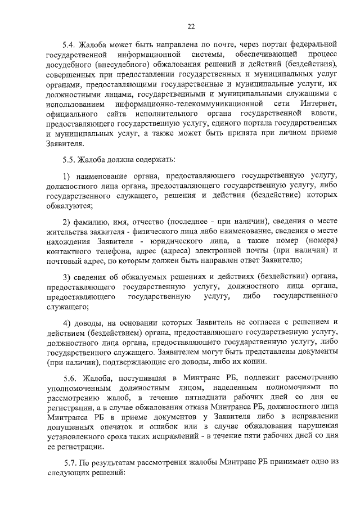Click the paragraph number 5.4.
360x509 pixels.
coord(69,43)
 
